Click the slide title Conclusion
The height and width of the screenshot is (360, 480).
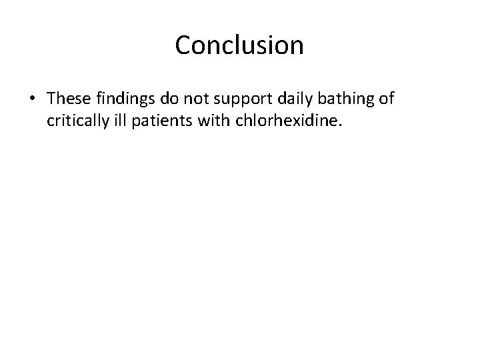pos(239,45)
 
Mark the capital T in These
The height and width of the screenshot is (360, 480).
pos(53,99)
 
